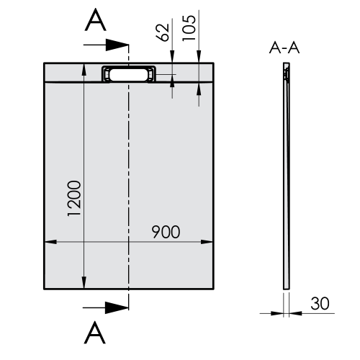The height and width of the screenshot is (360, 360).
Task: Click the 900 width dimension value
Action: click(x=166, y=232)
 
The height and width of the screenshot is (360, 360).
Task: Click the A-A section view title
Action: click(x=285, y=48)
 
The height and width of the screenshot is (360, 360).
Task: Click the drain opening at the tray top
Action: click(x=128, y=73)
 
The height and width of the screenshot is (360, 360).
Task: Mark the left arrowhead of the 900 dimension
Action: click(x=50, y=243)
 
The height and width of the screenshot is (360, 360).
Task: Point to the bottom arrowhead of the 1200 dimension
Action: click(x=85, y=284)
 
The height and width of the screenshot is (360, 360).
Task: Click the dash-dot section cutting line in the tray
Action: click(x=128, y=180)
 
